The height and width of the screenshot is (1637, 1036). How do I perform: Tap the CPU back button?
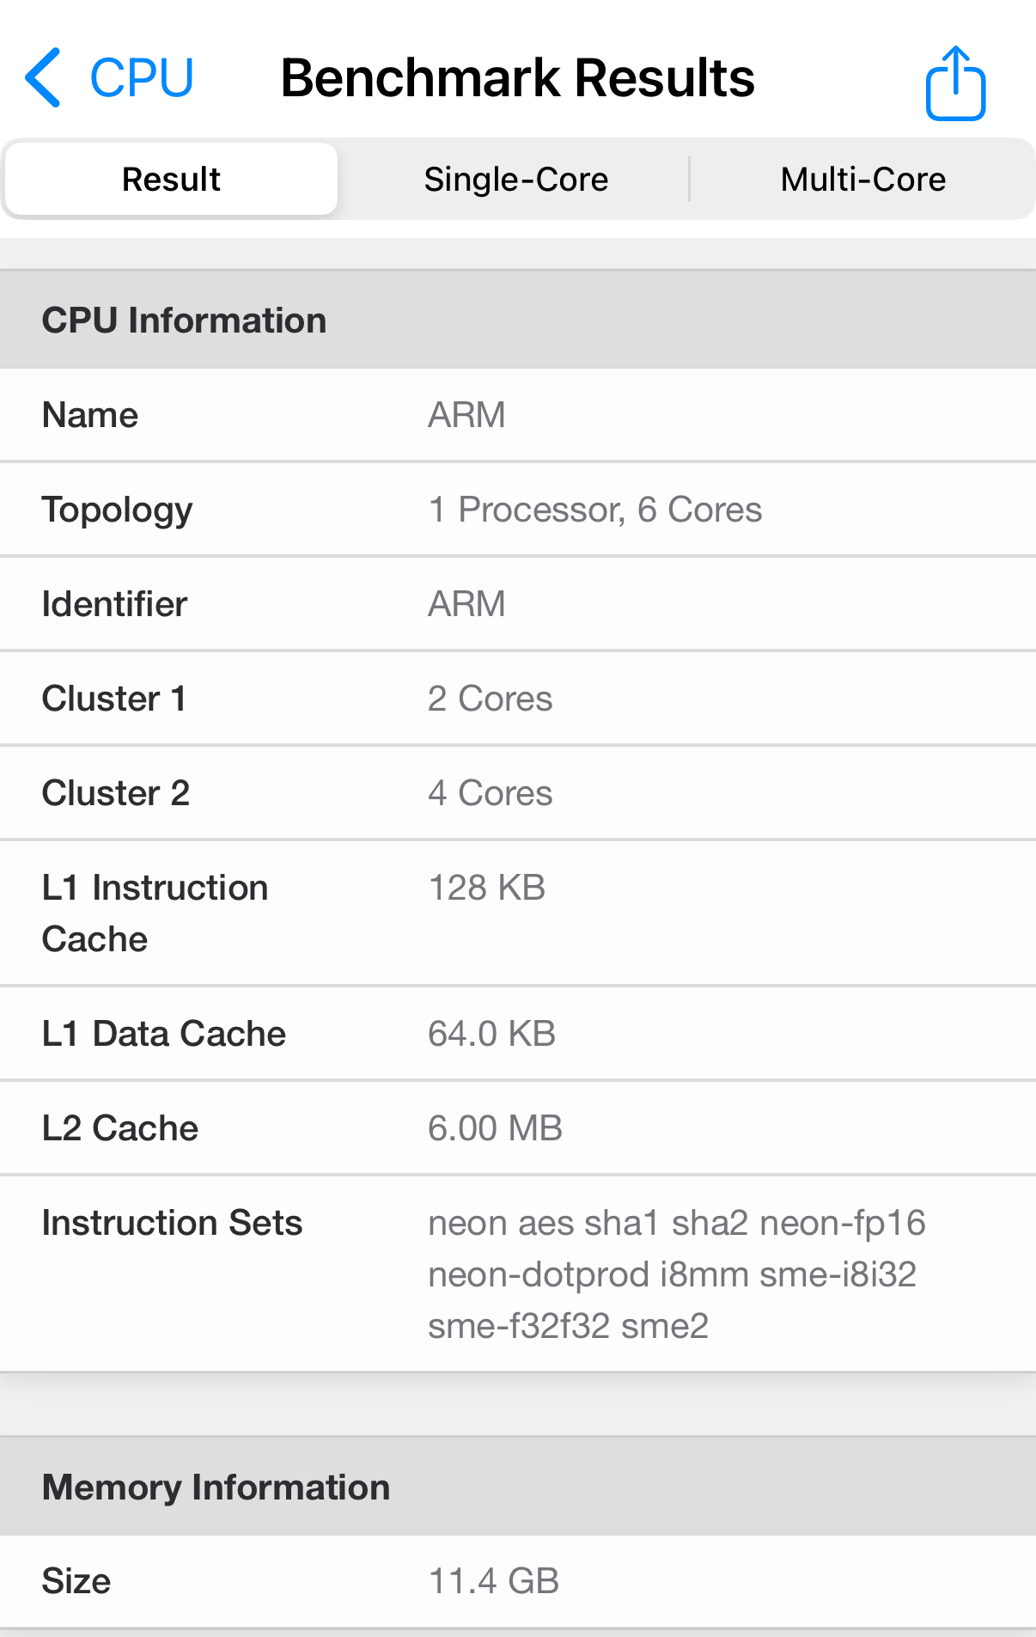click(x=109, y=78)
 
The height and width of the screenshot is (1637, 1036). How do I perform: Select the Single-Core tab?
click(x=515, y=180)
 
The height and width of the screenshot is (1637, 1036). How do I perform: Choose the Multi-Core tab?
click(x=862, y=180)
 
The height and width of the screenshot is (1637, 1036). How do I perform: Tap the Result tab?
click(x=171, y=180)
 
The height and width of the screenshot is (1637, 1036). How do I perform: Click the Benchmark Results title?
click(x=517, y=78)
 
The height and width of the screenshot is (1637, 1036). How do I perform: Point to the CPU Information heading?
click(x=184, y=321)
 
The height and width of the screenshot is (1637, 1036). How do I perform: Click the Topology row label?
click(x=118, y=510)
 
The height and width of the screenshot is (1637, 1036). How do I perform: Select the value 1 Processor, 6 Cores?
click(x=594, y=510)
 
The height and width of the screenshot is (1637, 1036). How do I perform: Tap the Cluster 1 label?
click(x=114, y=699)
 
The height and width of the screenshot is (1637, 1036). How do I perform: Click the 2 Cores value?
click(x=490, y=699)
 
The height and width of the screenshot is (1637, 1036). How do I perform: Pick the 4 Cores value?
click(x=490, y=793)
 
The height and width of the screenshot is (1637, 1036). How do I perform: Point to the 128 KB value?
click(x=486, y=888)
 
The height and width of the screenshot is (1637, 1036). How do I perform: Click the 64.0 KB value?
click(x=491, y=1034)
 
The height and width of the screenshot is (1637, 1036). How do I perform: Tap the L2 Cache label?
click(x=120, y=1128)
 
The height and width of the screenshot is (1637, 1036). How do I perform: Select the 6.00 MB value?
click(x=495, y=1128)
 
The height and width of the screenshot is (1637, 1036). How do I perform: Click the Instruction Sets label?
click(x=172, y=1223)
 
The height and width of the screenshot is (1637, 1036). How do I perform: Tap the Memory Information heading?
click(x=216, y=1487)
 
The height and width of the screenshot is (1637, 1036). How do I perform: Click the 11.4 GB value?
click(x=493, y=1581)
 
